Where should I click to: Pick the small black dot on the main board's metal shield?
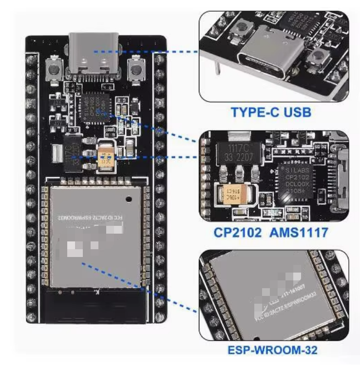click(128, 199)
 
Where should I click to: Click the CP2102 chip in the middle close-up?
click(296, 181)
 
